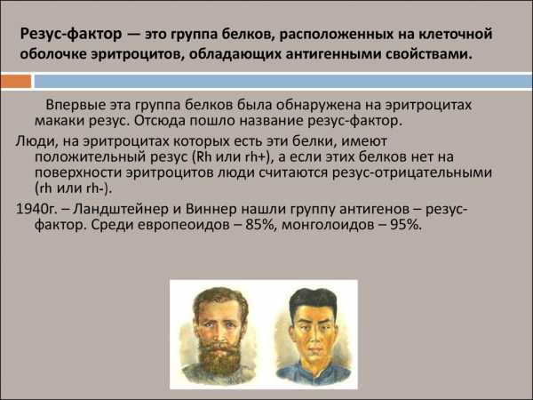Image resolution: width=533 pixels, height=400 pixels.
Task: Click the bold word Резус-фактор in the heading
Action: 71,35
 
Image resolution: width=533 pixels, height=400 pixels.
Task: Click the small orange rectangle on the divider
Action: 16,82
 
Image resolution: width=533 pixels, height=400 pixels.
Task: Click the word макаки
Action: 60,121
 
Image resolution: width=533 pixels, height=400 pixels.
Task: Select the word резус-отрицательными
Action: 412,172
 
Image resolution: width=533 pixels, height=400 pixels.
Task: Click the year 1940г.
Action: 36,209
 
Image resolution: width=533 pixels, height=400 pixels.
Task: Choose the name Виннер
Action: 211,209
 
